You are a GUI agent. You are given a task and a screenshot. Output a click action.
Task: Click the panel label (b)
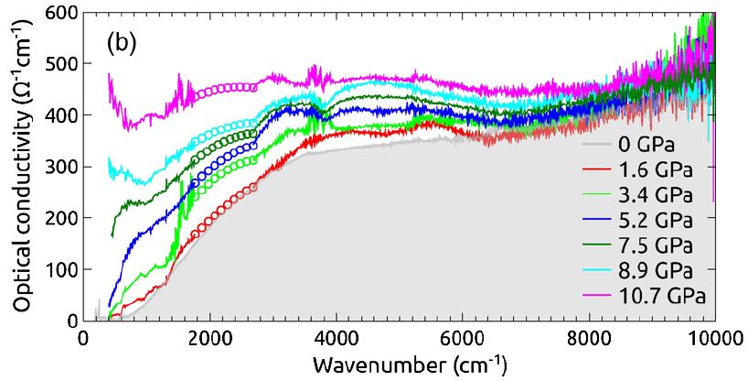point(122,42)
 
